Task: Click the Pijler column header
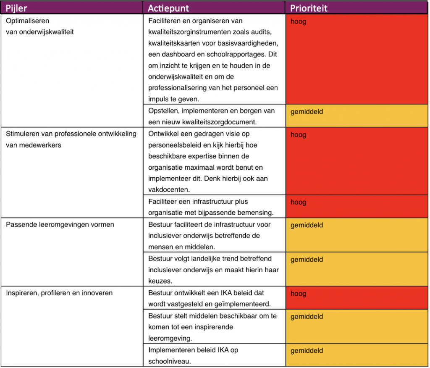pyautogui.click(x=16, y=8)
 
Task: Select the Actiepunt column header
pyautogui.click(x=168, y=8)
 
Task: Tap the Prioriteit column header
pyautogui.click(x=309, y=8)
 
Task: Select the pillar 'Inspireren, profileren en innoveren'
pyautogui.click(x=59, y=293)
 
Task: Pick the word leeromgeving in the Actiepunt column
pyautogui.click(x=168, y=338)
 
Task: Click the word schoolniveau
pyautogui.click(x=170, y=361)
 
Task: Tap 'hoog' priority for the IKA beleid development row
pyautogui.click(x=298, y=294)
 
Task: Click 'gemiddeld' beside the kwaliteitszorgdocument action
pyautogui.click(x=307, y=112)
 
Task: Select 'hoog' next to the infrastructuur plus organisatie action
pyautogui.click(x=298, y=202)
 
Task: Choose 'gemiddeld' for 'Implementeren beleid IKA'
pyautogui.click(x=307, y=350)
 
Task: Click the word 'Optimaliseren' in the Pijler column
pyautogui.click(x=27, y=21)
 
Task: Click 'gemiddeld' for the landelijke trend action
pyautogui.click(x=307, y=259)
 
